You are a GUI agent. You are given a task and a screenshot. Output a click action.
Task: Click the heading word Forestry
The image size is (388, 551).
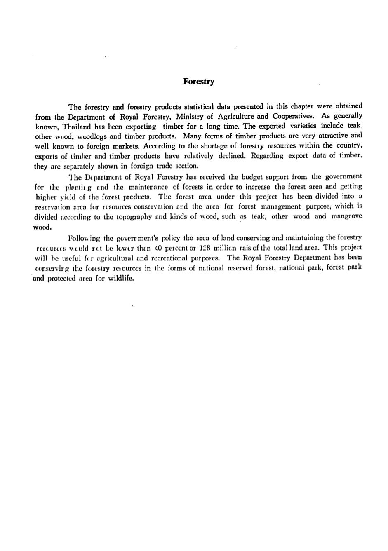199,82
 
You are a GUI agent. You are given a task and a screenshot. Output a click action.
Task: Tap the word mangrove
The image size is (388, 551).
347,216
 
